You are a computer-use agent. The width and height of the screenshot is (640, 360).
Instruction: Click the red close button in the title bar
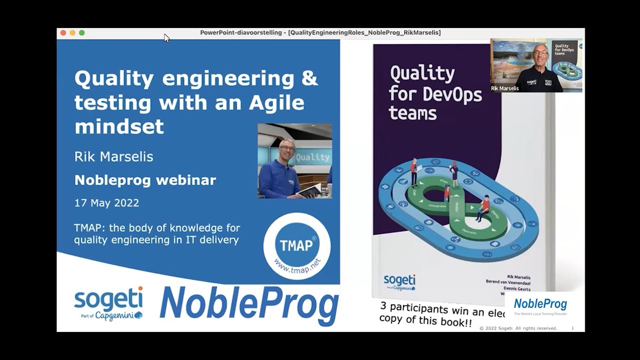(x=63, y=33)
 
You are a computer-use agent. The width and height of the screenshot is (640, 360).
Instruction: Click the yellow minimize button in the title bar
(x=72, y=33)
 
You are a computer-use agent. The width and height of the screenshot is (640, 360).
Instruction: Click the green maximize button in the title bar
(x=82, y=33)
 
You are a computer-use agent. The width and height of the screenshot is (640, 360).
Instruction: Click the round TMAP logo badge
(x=296, y=245)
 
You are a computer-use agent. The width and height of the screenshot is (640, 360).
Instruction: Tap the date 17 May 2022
(x=106, y=203)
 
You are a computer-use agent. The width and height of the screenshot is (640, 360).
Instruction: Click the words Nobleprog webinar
(x=145, y=180)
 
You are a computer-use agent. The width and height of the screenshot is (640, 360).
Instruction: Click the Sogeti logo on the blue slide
(x=108, y=303)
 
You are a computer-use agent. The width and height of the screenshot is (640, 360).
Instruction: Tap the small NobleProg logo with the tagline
(x=540, y=306)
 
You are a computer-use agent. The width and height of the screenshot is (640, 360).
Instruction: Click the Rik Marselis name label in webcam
(x=504, y=88)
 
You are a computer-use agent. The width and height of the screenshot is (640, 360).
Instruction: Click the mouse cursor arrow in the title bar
(x=166, y=38)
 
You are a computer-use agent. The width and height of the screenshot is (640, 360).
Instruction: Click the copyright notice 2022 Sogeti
(x=518, y=328)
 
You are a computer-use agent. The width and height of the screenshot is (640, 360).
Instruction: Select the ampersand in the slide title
(x=310, y=79)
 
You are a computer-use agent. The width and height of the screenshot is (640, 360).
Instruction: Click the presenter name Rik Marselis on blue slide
(x=113, y=156)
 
